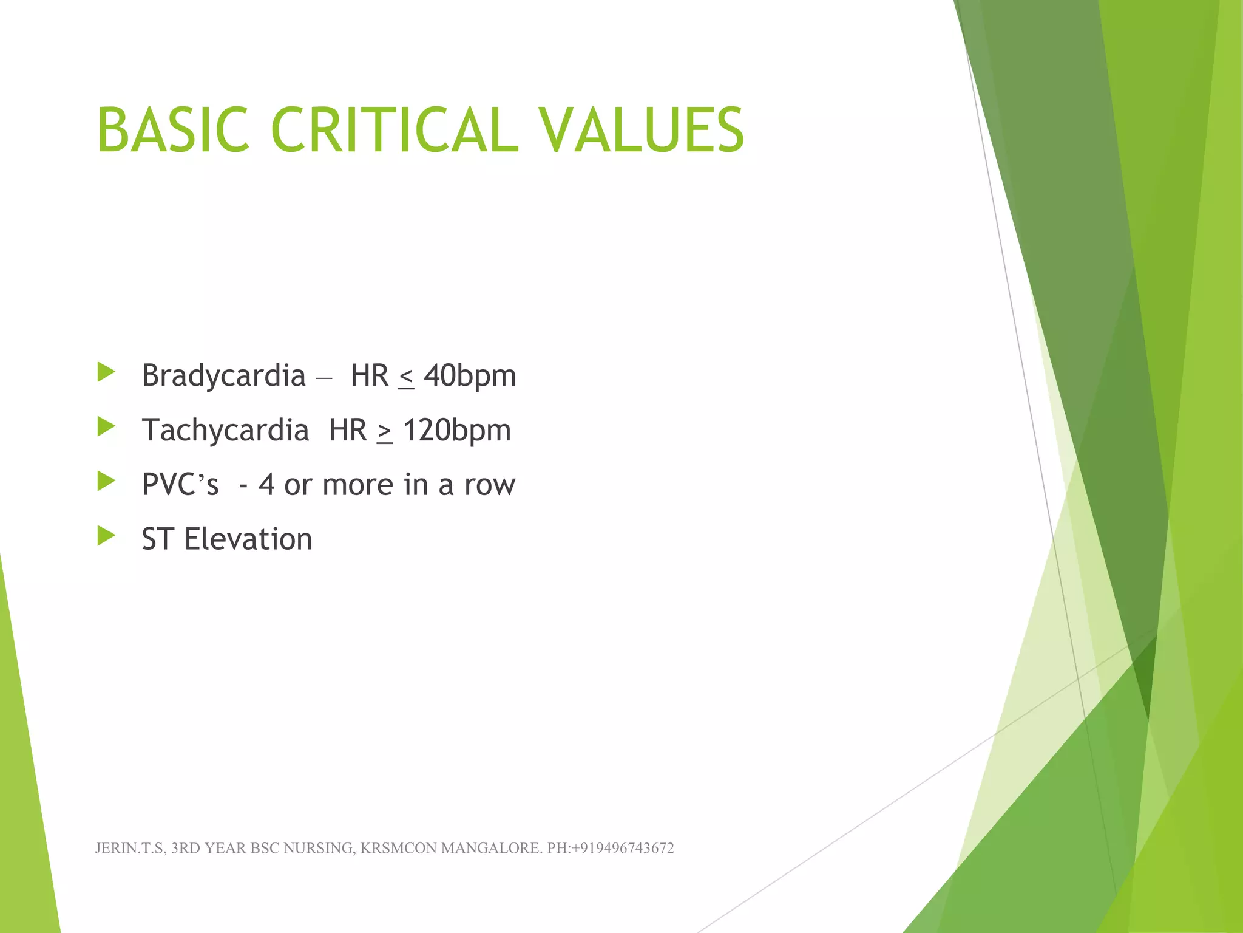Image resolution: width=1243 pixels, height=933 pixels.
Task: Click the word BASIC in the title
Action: pos(173,131)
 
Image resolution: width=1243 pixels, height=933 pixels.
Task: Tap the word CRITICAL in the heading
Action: pos(395,131)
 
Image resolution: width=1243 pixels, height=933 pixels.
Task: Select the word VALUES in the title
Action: pos(642,131)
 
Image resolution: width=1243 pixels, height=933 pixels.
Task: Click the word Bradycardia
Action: pos(223,376)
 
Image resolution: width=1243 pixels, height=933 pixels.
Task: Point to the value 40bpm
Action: pos(470,376)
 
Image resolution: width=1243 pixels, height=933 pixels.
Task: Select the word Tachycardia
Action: pos(225,431)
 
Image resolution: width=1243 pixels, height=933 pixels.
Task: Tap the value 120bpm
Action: pos(457,431)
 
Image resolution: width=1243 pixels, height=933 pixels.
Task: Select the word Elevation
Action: pos(248,539)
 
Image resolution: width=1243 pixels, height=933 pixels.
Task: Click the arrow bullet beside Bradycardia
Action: pos(106,372)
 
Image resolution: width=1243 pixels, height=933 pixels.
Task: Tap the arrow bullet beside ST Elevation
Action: pos(106,536)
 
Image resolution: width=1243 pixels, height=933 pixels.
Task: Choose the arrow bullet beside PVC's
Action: pos(106,481)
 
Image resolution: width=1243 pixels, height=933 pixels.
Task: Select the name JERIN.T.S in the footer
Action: pos(129,849)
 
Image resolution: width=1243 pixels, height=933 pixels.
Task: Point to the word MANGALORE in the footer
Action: pos(490,849)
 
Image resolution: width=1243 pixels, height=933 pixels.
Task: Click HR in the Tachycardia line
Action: pos(348,431)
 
